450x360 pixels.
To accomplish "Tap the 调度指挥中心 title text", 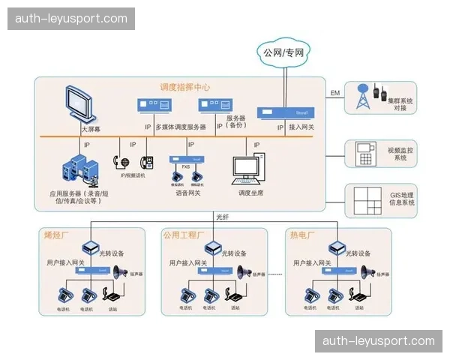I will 184,87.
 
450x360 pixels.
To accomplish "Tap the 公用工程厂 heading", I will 183,235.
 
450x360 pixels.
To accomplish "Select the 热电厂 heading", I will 301,235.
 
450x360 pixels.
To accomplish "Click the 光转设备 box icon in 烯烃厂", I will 91,247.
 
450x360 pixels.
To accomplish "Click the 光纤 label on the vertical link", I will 222,217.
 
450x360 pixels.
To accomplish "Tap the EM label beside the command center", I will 334,93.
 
